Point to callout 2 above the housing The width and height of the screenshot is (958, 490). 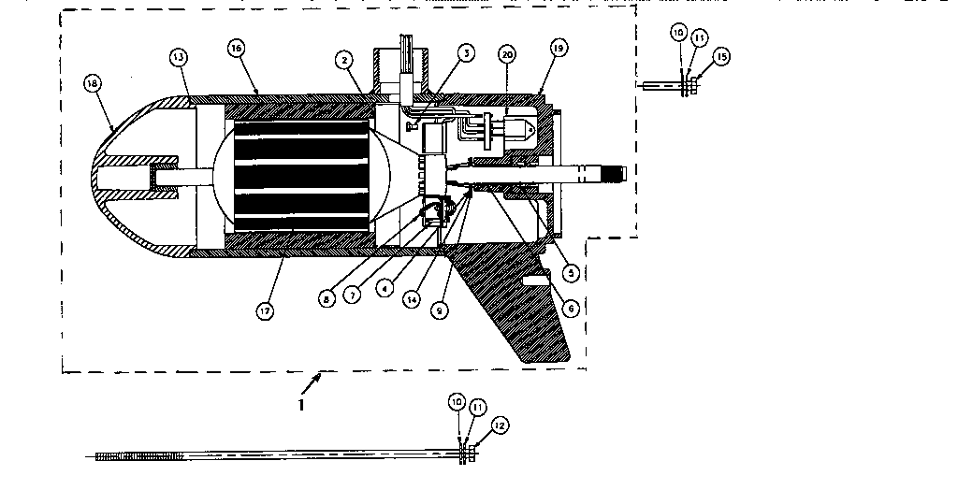click(x=345, y=60)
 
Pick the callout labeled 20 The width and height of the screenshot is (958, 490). click(x=507, y=55)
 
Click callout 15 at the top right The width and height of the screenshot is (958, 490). click(x=720, y=58)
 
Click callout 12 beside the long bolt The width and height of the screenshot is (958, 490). click(x=500, y=425)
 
